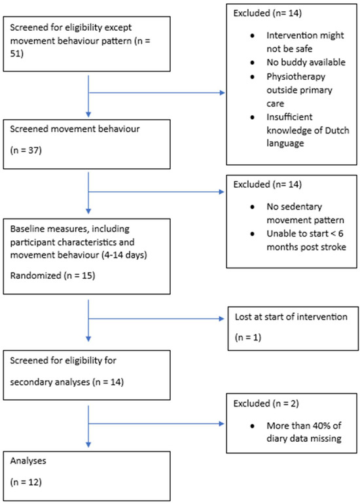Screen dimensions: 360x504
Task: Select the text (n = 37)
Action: coord(26,150)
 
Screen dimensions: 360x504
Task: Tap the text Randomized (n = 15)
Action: coord(52,276)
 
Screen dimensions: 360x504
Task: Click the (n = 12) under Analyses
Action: coord(26,482)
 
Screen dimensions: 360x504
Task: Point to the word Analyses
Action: coord(28,461)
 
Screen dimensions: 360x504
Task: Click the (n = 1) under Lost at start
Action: coord(248,337)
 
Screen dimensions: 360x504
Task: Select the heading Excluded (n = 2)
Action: coord(266,403)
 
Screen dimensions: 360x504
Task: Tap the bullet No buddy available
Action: coord(306,62)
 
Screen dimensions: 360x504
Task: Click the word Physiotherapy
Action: coord(296,77)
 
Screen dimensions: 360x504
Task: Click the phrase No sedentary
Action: coord(294,206)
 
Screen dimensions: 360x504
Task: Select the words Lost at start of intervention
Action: coord(291,317)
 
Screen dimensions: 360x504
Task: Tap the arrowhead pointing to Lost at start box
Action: coord(222,319)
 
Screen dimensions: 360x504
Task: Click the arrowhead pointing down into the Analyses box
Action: coord(88,445)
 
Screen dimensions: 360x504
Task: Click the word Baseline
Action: coord(24,229)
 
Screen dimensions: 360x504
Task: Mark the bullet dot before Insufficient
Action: coord(252,117)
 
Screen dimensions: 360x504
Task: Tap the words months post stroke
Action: coord(306,247)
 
